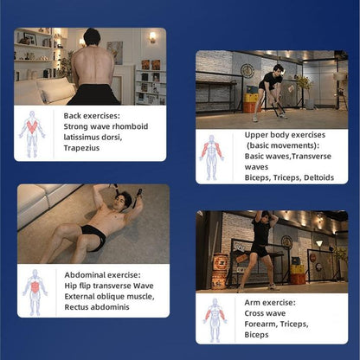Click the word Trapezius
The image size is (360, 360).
pos(81,148)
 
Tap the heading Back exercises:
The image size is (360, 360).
pos(92,116)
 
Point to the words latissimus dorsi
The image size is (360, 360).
pos(93,138)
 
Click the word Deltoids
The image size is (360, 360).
pos(318,177)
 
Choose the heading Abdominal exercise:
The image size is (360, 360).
pos(102,275)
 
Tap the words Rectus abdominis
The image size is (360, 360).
pos(97,307)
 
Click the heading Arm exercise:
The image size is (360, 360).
pos(270,303)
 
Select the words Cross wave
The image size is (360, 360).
pos(265,313)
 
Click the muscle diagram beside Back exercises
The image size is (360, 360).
pos(32,134)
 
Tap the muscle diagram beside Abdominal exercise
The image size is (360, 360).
pos(35,292)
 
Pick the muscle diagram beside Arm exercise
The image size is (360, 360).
pos(215,320)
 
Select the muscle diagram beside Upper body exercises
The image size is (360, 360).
pos(212,157)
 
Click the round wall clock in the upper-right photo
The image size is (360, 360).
pos(247,71)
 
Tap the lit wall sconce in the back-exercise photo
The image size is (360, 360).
pos(152,37)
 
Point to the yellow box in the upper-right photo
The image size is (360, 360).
pos(251,98)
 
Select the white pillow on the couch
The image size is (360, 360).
pos(55,89)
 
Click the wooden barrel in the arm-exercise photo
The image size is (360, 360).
pos(220,271)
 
